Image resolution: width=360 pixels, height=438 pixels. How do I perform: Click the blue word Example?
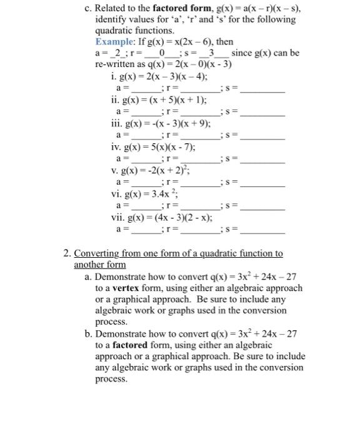coord(114,42)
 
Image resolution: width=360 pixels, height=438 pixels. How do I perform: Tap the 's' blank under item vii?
coord(262,230)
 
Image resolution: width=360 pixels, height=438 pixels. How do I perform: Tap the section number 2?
coord(66,253)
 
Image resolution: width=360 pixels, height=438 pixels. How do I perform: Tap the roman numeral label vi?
coord(115,194)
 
